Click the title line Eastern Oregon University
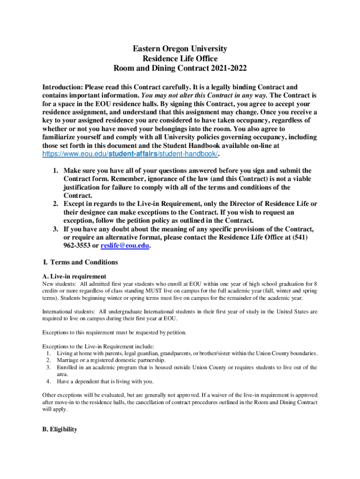click(x=180, y=49)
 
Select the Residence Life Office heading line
click(x=180, y=58)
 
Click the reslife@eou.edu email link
click(x=125, y=246)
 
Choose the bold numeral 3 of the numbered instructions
click(x=55, y=229)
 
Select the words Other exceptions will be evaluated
click(x=82, y=395)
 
